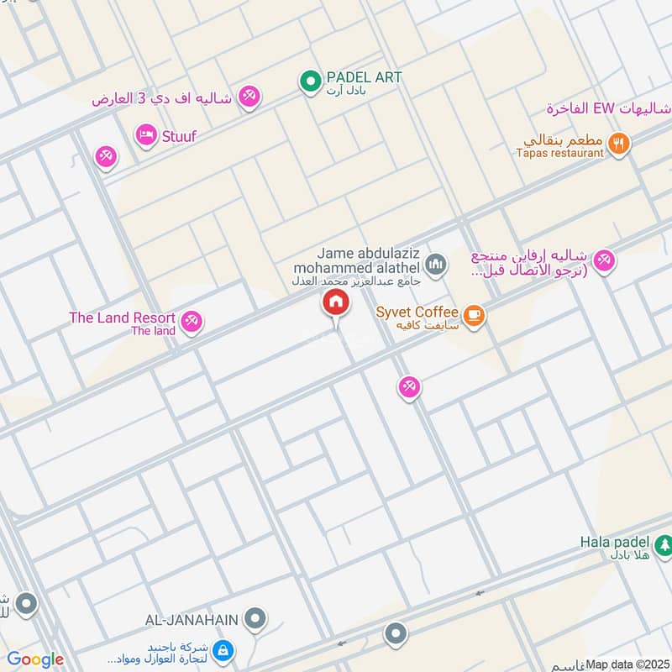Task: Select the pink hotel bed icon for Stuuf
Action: click(146, 134)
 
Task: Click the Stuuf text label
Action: click(178, 135)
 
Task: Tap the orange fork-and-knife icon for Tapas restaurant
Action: click(619, 144)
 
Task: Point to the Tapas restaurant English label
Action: click(561, 153)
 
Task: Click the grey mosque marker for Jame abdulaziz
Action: click(435, 266)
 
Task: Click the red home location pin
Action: click(335, 303)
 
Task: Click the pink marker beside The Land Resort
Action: click(192, 321)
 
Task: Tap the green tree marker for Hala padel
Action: click(664, 544)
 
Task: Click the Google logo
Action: click(35, 659)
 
